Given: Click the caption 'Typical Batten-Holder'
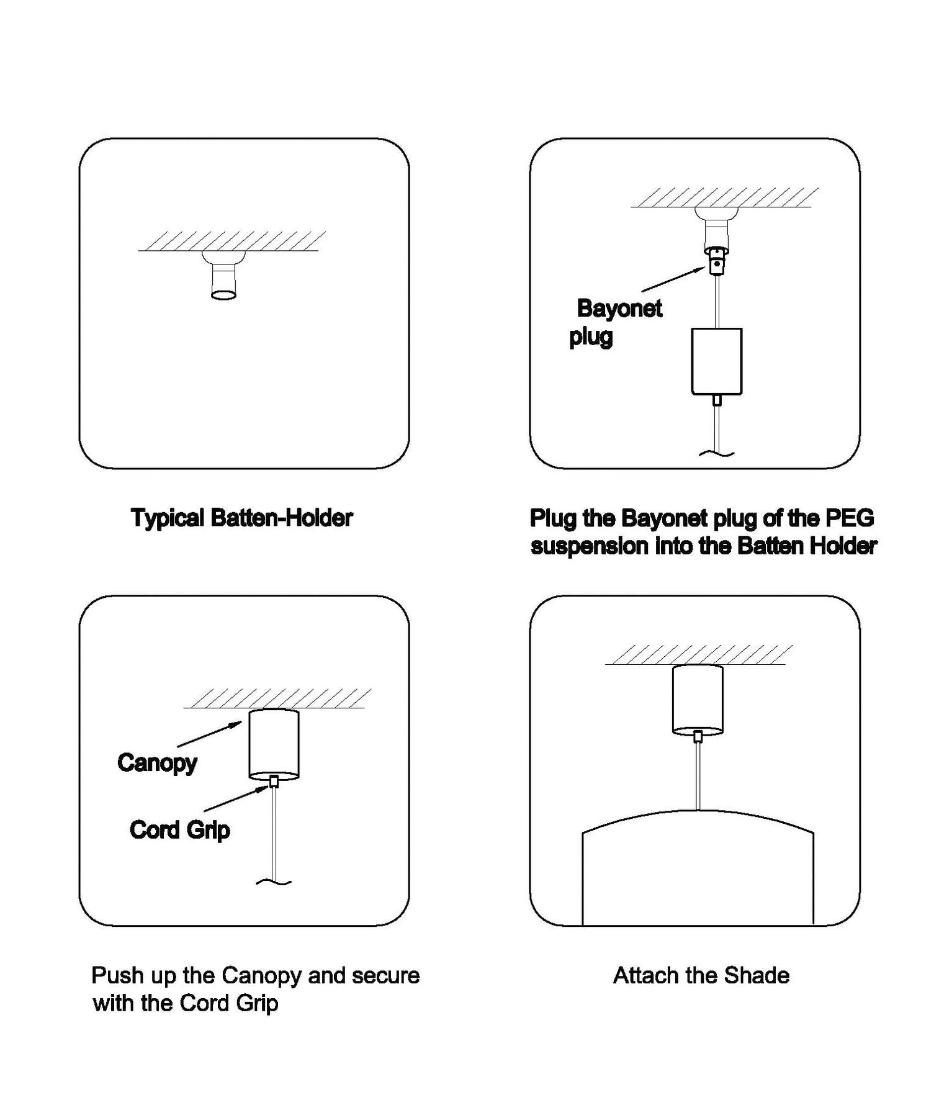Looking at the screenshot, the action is tap(241, 518).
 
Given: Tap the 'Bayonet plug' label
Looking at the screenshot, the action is tap(616, 322).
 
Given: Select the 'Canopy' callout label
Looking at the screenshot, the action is tap(157, 763).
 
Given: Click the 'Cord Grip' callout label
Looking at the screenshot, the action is tap(179, 830).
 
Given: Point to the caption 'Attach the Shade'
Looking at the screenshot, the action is tap(701, 975).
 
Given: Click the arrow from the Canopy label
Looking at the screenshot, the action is tap(210, 733).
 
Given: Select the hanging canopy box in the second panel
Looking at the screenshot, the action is tap(717, 361).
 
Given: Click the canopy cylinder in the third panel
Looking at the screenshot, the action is tap(274, 744).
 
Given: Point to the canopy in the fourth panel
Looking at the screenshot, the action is tap(698, 700).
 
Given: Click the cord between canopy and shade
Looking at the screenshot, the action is tap(698, 775).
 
